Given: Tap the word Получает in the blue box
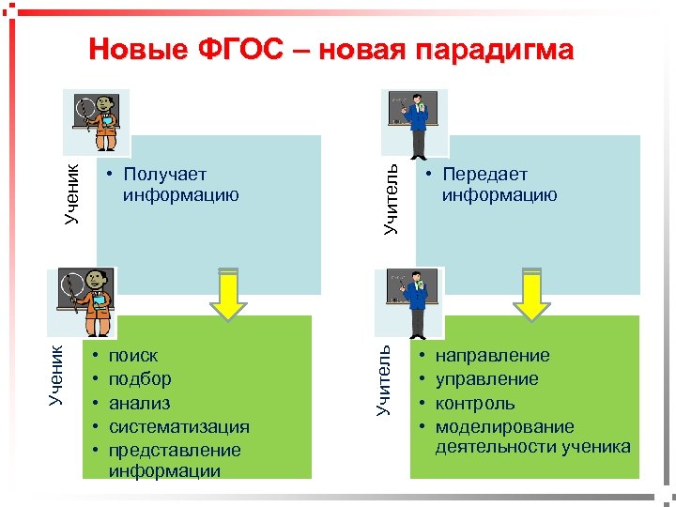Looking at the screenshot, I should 164,175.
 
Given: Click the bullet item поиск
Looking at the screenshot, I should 133,356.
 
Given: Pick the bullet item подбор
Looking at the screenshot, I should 140,379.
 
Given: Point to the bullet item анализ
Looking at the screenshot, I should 139,403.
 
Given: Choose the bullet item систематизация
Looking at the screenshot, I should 178,426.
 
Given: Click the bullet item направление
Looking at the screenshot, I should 492,356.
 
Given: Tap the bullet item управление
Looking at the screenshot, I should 486,379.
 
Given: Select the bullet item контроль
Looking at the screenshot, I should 475,403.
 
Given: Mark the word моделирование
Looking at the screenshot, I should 504,426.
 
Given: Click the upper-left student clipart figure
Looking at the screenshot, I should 96,120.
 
